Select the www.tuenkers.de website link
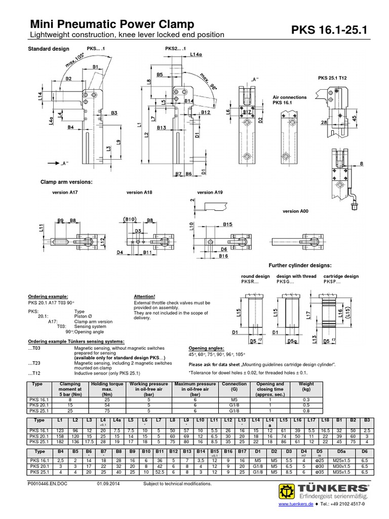[x=295, y=512]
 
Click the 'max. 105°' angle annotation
[x=70, y=64]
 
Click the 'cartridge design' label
[x=341, y=276]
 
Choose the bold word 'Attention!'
[x=144, y=296]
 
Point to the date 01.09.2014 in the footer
[x=108, y=484]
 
